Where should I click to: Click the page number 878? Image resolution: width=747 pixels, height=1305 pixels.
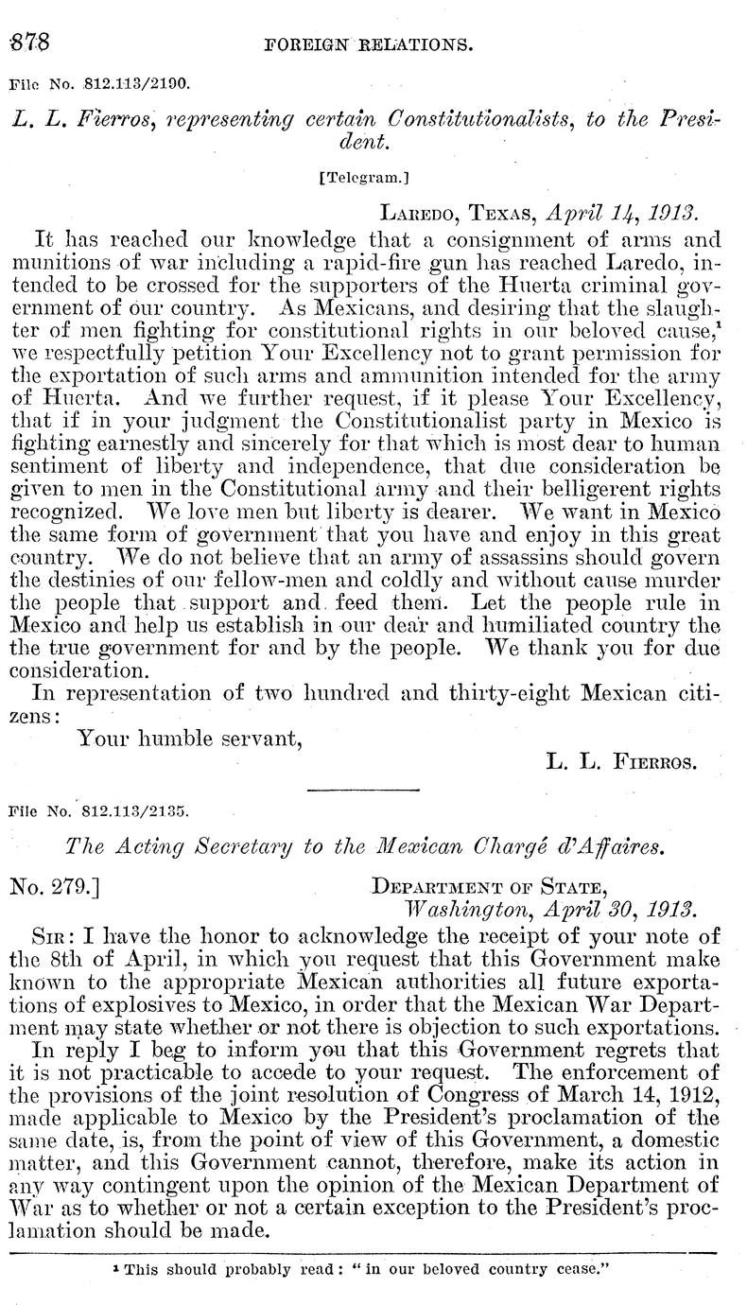[x=28, y=43]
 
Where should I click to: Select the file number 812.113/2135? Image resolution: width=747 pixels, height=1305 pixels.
[x=135, y=809]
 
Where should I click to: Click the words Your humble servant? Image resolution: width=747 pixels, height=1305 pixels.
[x=189, y=739]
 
